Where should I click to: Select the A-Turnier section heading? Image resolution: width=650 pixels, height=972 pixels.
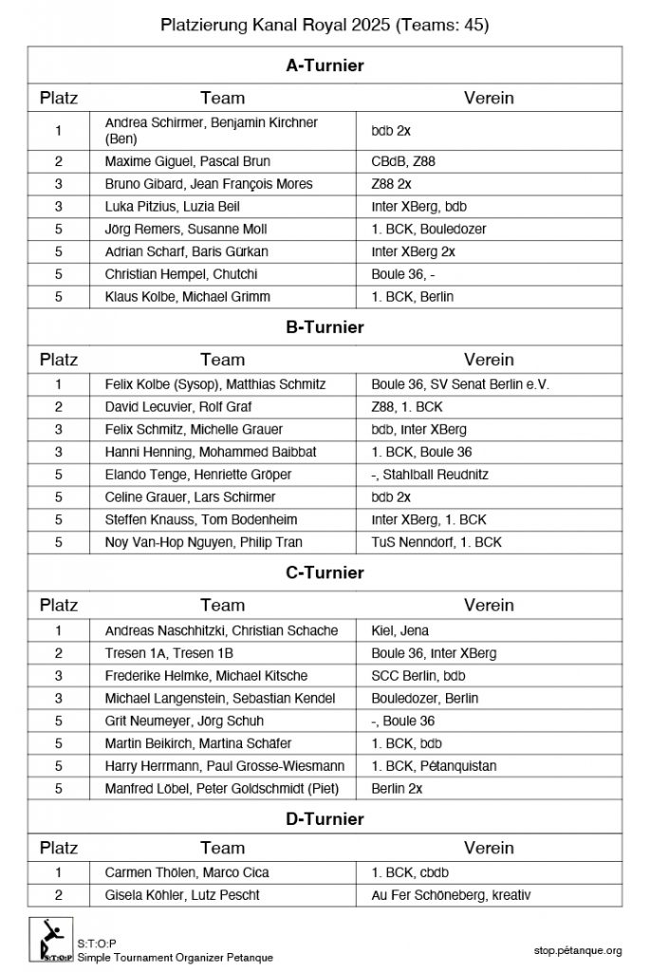tap(325, 65)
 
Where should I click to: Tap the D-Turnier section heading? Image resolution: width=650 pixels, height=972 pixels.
tap(325, 818)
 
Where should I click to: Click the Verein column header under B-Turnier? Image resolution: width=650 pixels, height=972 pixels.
tap(489, 360)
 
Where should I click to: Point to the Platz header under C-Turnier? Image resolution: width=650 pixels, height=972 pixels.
tap(59, 605)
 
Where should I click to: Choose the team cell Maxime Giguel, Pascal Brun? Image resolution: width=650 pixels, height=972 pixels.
tap(188, 161)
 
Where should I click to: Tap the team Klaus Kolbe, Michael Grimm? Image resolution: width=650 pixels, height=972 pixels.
tap(188, 296)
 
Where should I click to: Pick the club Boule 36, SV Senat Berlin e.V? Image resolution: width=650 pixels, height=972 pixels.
tap(460, 384)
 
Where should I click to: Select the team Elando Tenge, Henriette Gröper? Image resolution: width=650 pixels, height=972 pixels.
tap(198, 475)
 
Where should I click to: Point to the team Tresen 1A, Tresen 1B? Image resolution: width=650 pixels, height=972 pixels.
tap(169, 653)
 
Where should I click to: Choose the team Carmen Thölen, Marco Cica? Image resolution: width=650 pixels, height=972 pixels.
tap(187, 871)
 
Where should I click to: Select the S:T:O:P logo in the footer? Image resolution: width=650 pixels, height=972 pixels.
tap(51, 941)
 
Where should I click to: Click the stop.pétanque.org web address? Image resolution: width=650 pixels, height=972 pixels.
tap(578, 950)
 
